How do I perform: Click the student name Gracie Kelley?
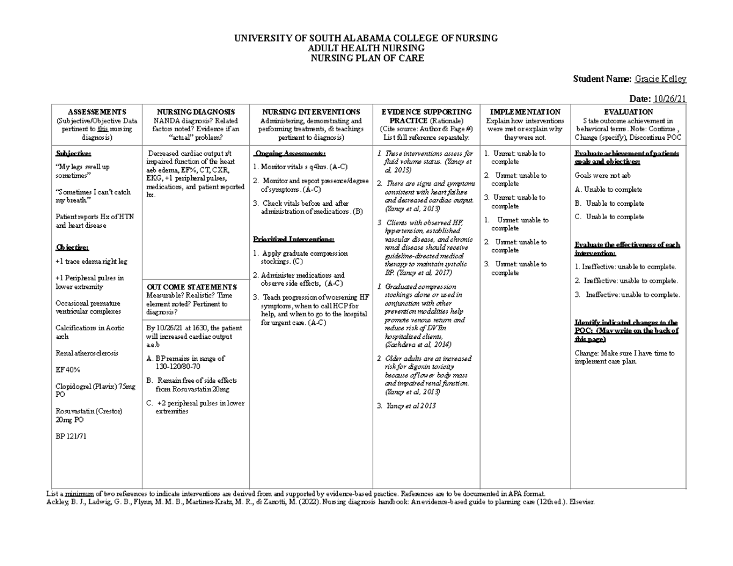[x=660, y=79]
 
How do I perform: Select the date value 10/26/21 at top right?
[x=670, y=100]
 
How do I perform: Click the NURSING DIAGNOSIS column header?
[x=195, y=112]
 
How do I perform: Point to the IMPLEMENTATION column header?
[x=525, y=112]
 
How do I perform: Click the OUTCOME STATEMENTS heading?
[x=191, y=287]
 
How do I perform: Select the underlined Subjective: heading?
[x=73, y=153]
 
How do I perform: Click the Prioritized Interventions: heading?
[x=293, y=239]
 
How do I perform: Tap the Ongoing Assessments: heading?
[x=290, y=153]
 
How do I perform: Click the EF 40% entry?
[x=68, y=370]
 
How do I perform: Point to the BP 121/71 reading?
[x=71, y=437]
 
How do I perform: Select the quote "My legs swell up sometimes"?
[x=82, y=171]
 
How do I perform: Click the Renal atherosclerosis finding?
[x=87, y=354]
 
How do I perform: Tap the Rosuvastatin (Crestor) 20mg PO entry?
[x=89, y=416]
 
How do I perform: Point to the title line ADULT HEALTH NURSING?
[x=366, y=48]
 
